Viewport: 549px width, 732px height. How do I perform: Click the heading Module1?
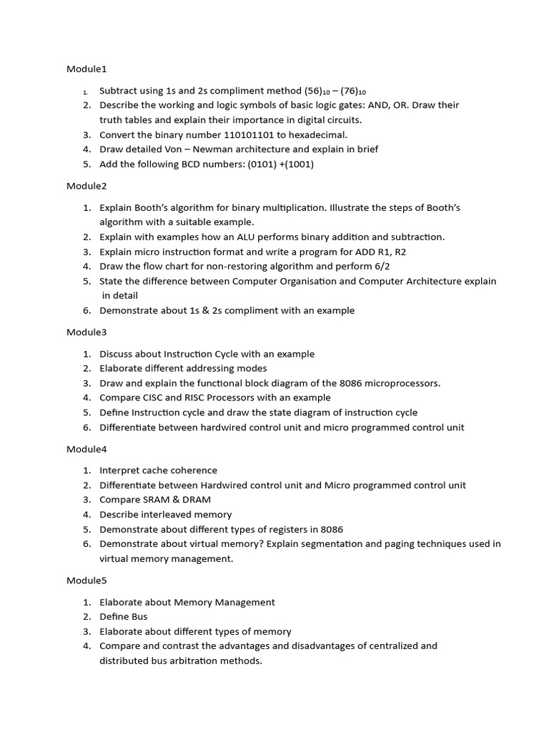[86, 69]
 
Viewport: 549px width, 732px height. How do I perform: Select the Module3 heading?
[86, 332]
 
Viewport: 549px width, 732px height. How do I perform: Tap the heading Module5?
[86, 580]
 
